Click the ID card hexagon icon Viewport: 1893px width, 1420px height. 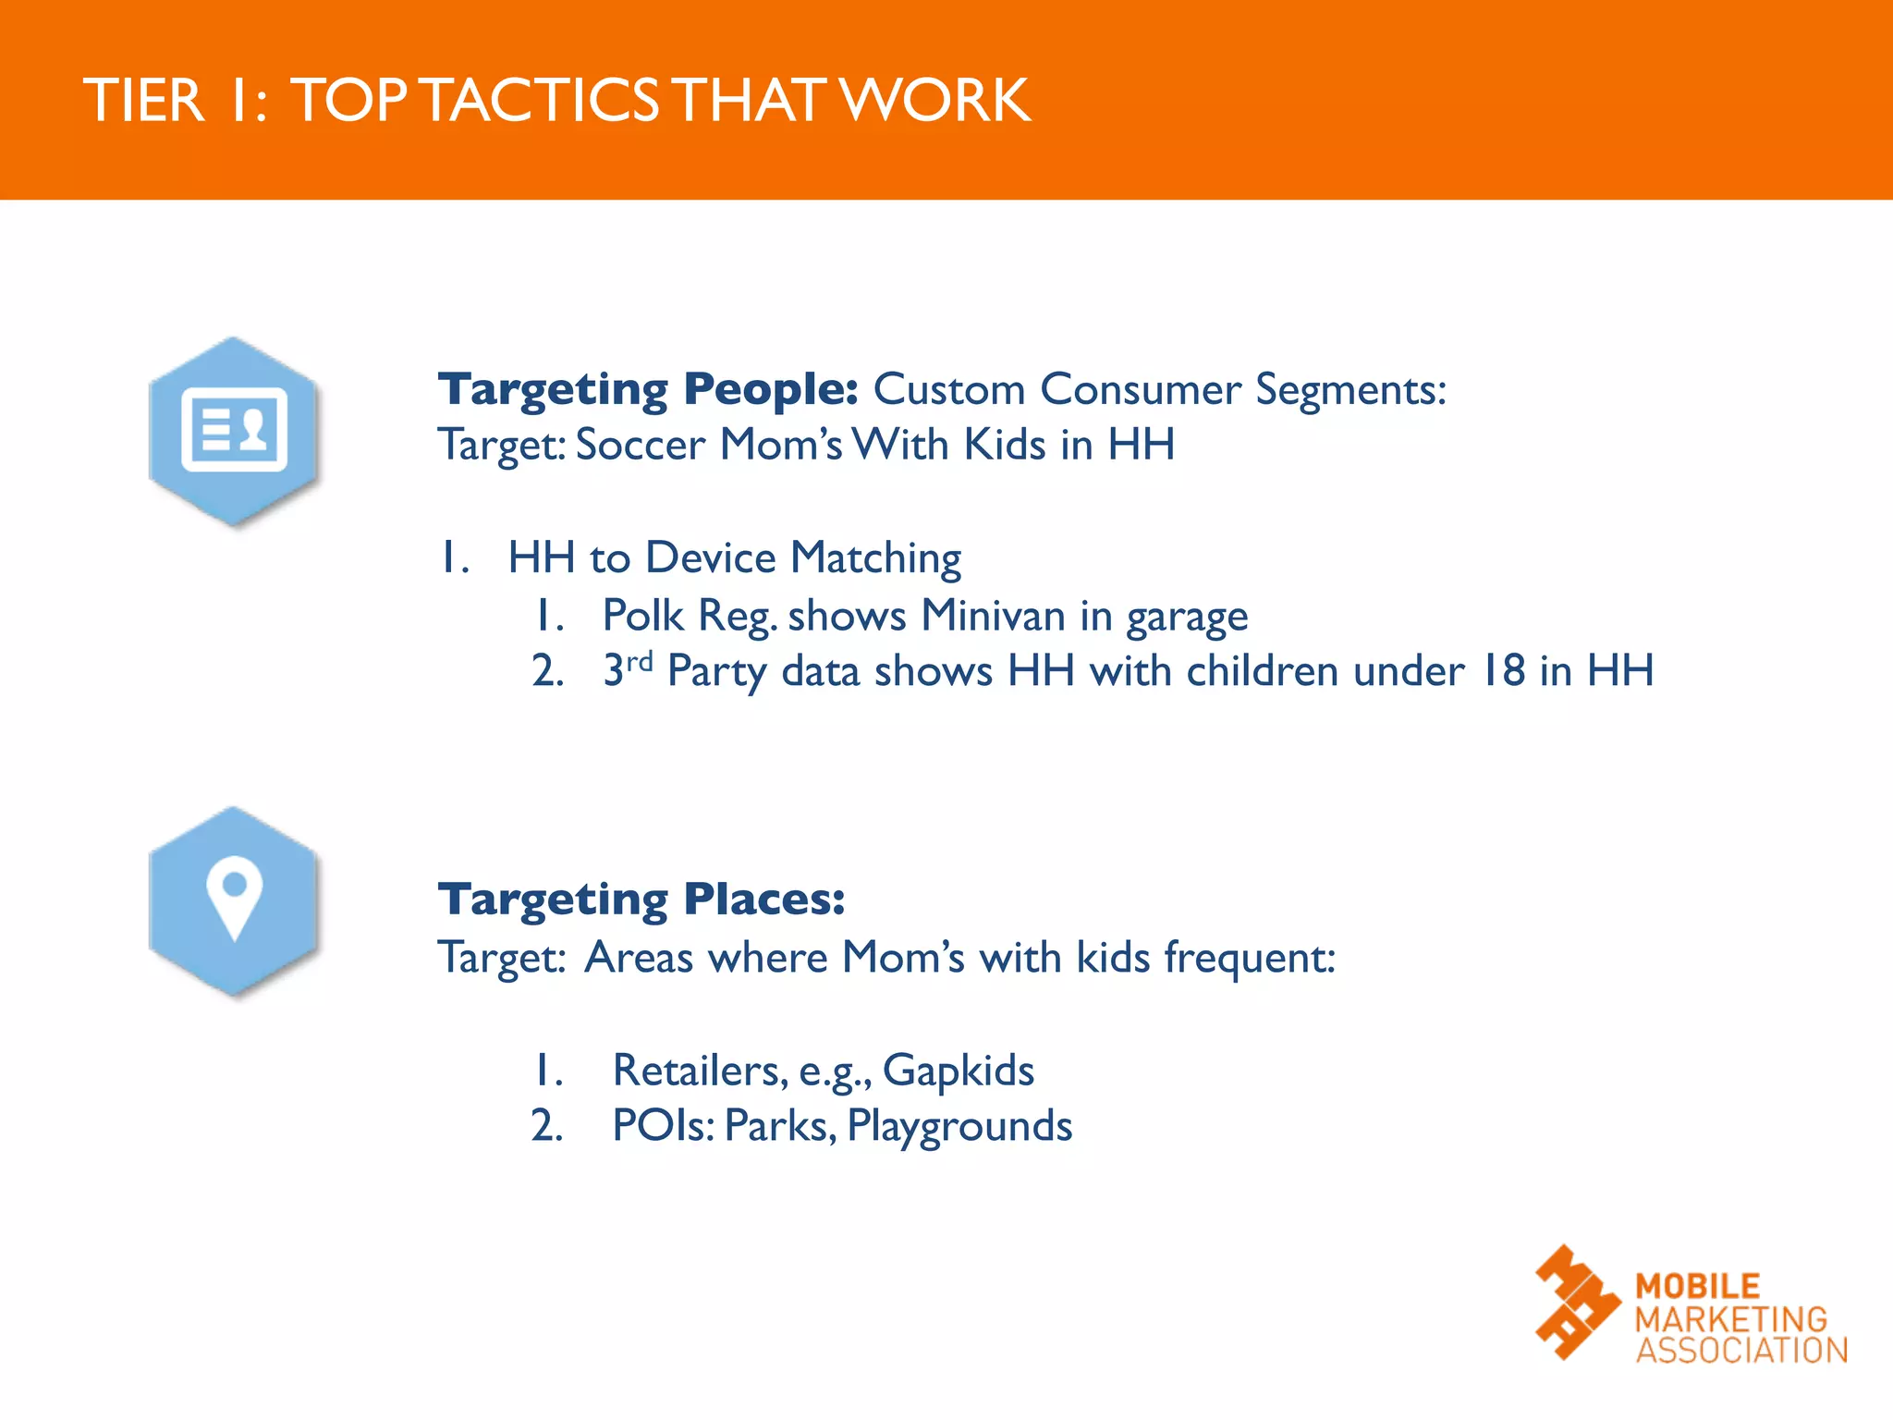click(234, 431)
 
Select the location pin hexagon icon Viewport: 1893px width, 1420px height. click(234, 900)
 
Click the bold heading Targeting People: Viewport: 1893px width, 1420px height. click(648, 389)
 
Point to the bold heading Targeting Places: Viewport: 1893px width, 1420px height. click(641, 900)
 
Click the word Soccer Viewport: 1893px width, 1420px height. click(640, 445)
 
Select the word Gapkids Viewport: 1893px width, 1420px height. click(958, 1071)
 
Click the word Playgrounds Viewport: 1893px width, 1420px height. click(959, 1127)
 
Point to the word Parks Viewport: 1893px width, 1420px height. click(780, 1126)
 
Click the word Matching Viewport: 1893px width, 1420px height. click(875, 558)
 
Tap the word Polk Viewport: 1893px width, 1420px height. click(642, 616)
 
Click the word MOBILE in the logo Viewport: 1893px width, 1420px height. click(1697, 1286)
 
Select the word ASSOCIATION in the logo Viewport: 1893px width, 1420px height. click(1741, 1350)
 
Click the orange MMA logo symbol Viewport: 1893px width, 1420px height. click(1576, 1303)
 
